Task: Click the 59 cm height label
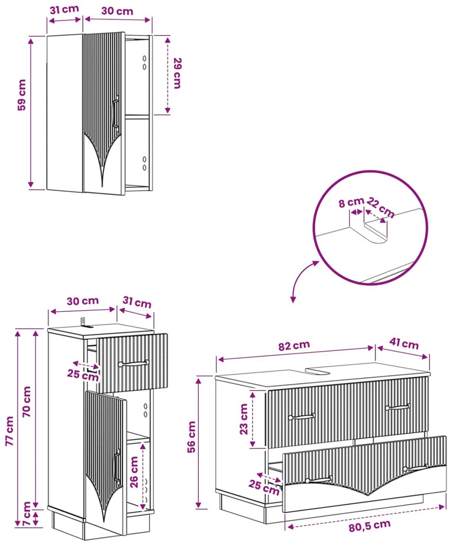click(x=22, y=95)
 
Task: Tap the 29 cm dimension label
click(x=177, y=73)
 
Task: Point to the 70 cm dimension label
click(x=26, y=401)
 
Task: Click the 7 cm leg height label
click(x=26, y=514)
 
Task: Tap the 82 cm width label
click(x=294, y=346)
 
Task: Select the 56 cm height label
click(x=191, y=437)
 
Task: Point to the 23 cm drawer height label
click(x=243, y=419)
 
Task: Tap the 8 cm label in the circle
click(x=351, y=202)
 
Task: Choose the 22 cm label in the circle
click(x=380, y=207)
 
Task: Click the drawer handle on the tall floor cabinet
click(x=134, y=363)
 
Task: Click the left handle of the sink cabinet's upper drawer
click(x=301, y=417)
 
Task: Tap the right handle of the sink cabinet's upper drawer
click(x=398, y=407)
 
